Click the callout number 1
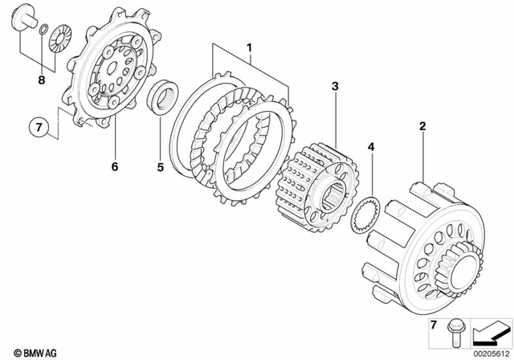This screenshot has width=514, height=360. point(249,48)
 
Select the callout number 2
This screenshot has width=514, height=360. point(422,126)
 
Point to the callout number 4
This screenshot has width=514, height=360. point(371,147)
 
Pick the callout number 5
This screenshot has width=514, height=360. point(160,169)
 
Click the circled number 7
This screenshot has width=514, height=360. point(36,126)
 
